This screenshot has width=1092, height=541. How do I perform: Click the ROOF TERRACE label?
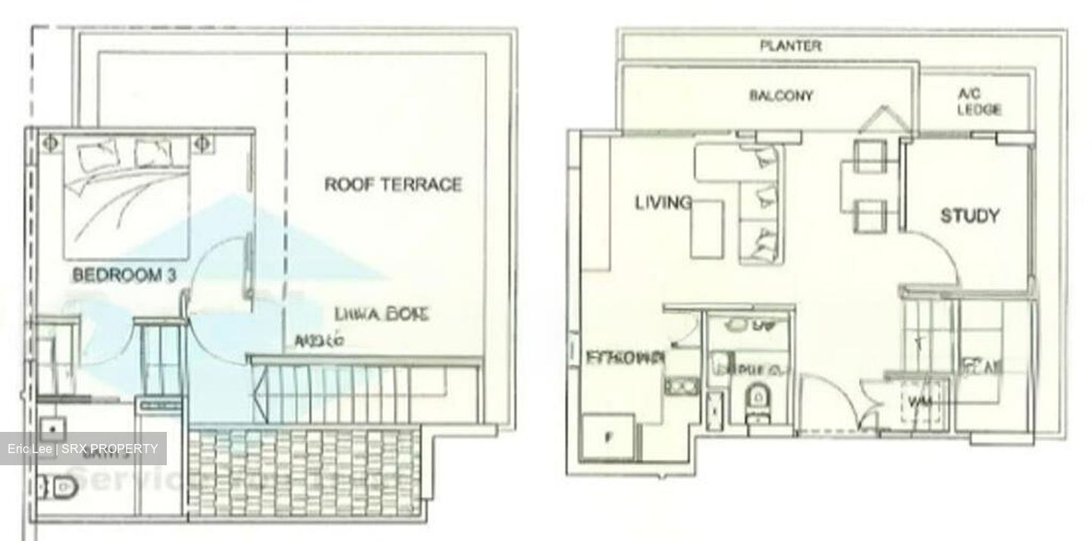(393, 184)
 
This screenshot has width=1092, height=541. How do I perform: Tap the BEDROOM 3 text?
(124, 275)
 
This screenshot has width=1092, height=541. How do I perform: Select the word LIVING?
(663, 202)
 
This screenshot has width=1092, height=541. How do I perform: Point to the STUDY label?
(969, 216)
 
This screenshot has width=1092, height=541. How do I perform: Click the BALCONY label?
(781, 96)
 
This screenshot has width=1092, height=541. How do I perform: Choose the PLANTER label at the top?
(790, 46)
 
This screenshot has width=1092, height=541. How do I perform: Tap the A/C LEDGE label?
(978, 102)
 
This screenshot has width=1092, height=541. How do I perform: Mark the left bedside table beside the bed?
(51, 142)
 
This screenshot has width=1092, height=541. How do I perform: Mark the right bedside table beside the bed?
(201, 142)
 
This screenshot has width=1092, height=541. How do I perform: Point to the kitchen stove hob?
(682, 385)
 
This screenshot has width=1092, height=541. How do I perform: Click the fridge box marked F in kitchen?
(608, 436)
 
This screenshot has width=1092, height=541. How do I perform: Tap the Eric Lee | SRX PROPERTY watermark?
(83, 449)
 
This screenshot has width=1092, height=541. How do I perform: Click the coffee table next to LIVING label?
(707, 229)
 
